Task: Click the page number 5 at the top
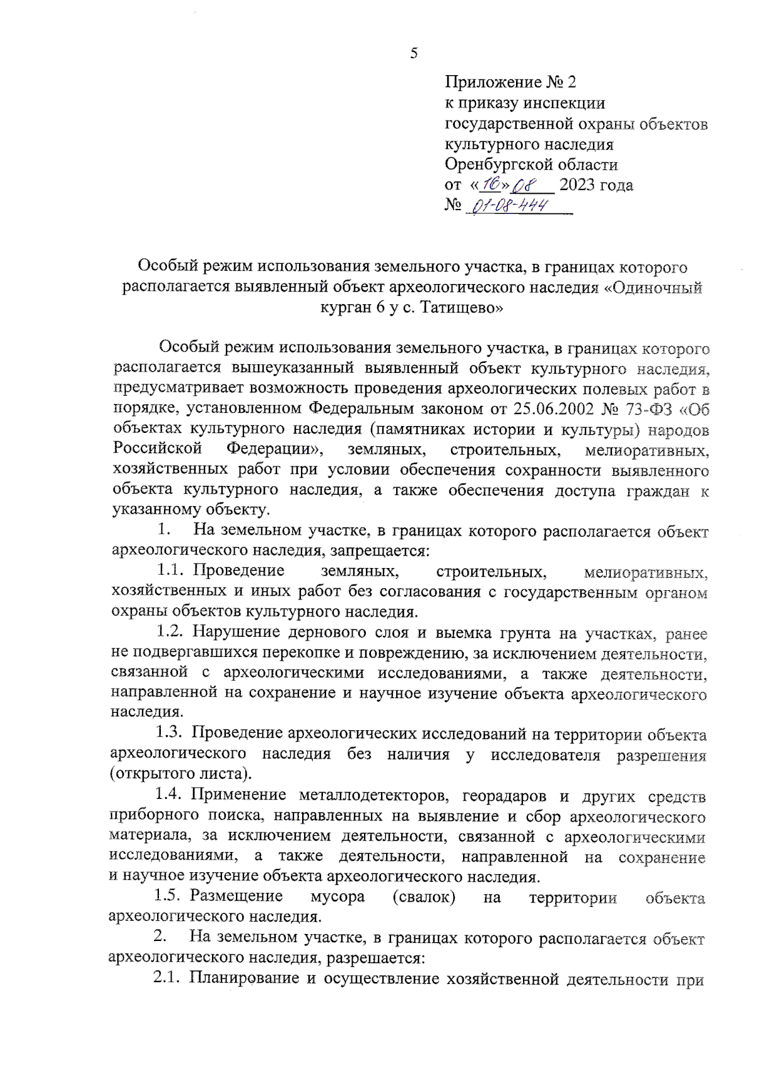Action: coord(414,54)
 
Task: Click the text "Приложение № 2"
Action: coord(510,82)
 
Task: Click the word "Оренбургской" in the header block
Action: coord(495,165)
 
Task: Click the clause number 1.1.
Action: coord(170,571)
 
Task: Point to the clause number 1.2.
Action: coord(170,632)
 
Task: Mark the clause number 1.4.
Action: coord(168,795)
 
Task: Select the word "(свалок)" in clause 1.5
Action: coord(423,897)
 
